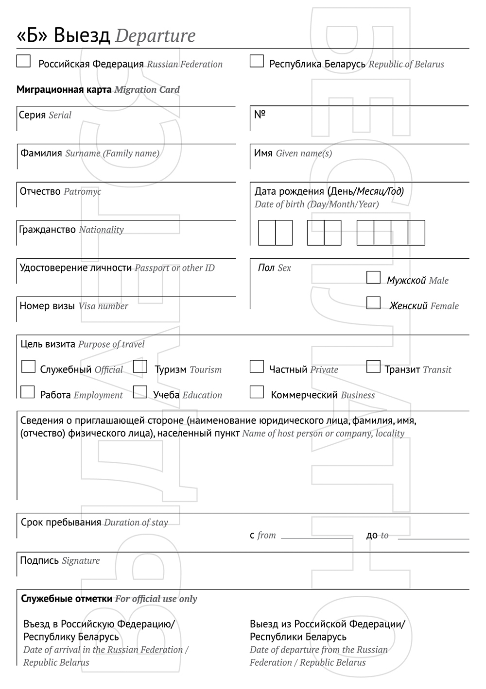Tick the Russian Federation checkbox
(23, 61)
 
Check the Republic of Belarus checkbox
(257, 61)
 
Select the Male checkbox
(373, 277)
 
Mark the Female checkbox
(373, 303)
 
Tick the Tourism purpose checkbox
(140, 367)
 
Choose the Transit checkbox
(373, 367)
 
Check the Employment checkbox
(28, 392)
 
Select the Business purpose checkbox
(257, 392)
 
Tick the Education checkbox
(140, 392)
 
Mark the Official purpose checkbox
(28, 367)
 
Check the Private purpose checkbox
(257, 367)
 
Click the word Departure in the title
(156, 36)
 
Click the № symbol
(260, 115)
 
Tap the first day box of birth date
(267, 233)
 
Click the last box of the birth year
(417, 233)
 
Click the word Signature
(81, 561)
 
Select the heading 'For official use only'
(156, 599)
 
